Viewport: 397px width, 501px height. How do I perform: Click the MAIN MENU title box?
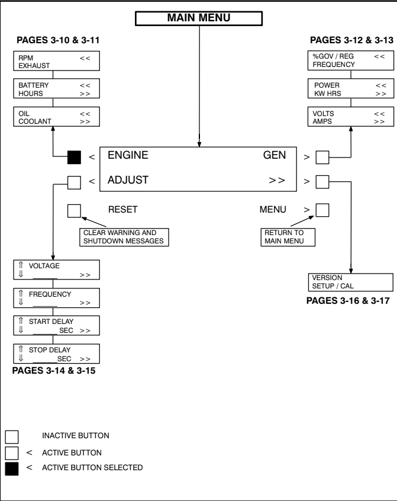[199, 18]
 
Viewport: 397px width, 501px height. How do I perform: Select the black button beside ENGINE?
[75, 157]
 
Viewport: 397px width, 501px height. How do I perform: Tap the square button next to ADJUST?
[75, 182]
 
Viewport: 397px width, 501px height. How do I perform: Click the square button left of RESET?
[75, 210]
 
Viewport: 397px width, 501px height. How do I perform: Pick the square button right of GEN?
[322, 157]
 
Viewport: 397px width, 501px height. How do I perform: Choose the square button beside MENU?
[322, 210]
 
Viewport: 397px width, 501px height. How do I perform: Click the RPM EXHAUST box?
[53, 60]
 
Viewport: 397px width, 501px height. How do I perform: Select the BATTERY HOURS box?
[53, 89]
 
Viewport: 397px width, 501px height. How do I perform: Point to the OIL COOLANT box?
[53, 117]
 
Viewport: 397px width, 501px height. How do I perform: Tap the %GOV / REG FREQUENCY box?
[350, 60]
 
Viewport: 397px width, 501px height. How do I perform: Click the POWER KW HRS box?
[350, 89]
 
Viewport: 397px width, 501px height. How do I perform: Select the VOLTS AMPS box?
[350, 117]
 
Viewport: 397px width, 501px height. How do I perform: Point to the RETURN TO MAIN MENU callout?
[288, 236]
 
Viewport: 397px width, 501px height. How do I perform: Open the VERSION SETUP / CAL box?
[350, 281]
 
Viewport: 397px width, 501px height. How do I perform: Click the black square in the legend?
[12, 470]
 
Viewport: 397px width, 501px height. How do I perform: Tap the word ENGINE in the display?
[127, 156]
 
